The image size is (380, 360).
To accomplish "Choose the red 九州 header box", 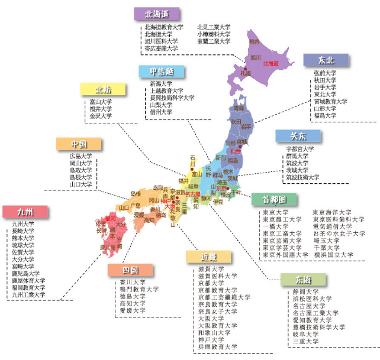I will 25,212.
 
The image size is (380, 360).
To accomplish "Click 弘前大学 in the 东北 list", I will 325,73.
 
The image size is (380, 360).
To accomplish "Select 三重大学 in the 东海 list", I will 305,341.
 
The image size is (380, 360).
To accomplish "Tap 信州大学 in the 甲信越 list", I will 162,112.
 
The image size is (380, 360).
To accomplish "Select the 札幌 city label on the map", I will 245,73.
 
